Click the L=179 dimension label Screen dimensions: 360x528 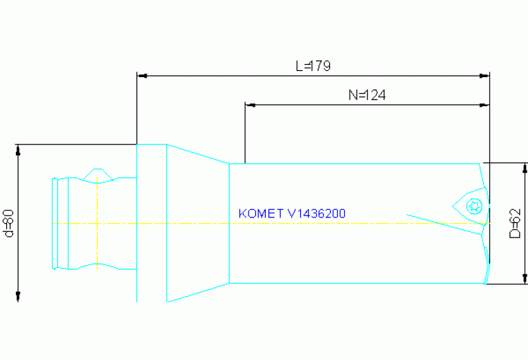point(313,66)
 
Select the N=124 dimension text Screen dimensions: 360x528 point(366,96)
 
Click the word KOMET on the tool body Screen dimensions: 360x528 point(262,214)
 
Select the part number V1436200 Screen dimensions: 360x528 point(317,214)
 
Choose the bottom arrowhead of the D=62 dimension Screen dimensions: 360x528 point(525,279)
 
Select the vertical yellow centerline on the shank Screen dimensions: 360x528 point(97,220)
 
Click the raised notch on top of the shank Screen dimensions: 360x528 point(96,173)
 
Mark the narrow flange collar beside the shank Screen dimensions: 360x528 point(151,222)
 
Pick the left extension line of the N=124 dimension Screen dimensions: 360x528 point(245,134)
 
